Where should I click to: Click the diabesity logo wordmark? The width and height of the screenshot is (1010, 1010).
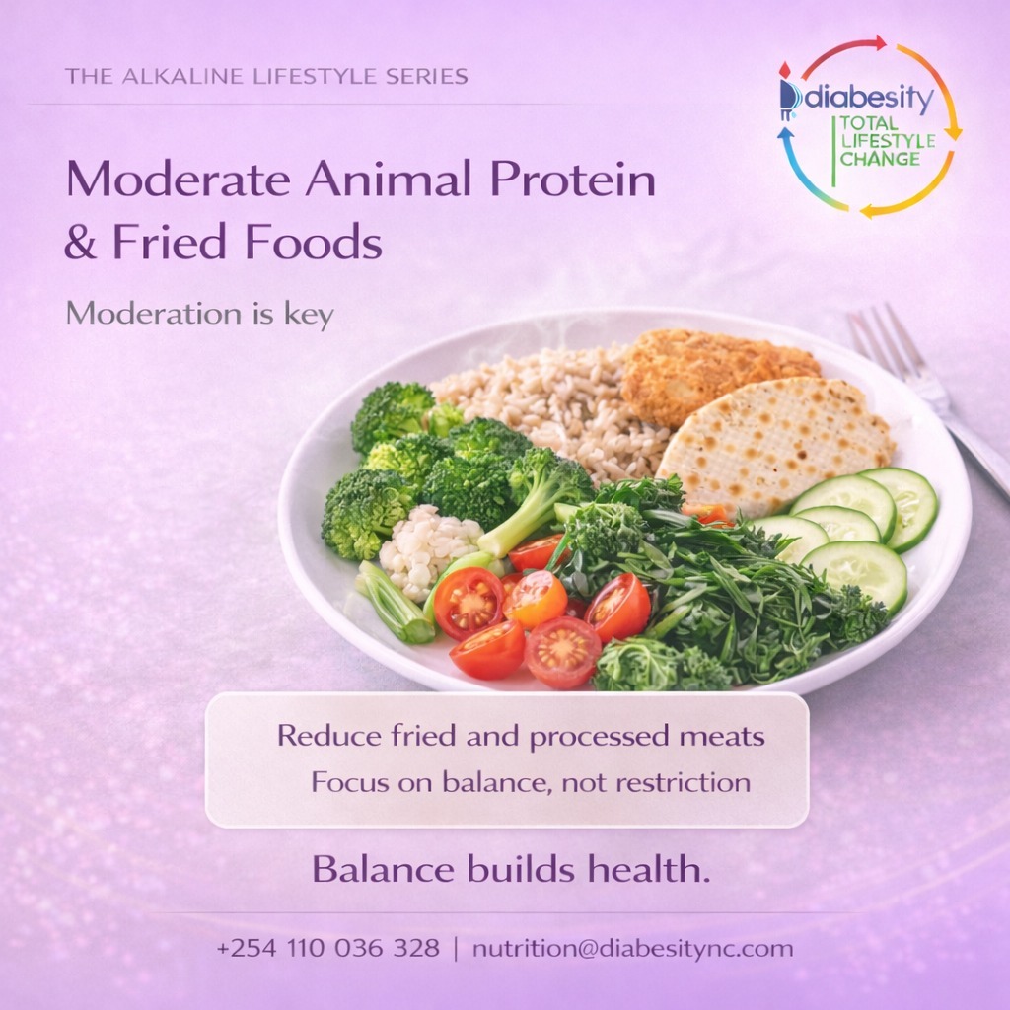pos(868,98)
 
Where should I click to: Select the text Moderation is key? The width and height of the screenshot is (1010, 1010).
pos(199,314)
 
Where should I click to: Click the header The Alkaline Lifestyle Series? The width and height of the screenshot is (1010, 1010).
pos(266,76)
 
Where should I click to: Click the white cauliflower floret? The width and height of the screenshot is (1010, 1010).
pos(429,547)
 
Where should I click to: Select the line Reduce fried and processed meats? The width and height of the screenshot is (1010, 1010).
pos(521,736)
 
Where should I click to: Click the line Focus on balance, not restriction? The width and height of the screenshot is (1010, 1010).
pos(531,783)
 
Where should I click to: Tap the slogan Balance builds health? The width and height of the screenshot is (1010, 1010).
pos(511,869)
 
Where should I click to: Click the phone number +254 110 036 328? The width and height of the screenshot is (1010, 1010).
pos(327,949)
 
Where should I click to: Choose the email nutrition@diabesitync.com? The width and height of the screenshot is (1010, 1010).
pos(632,949)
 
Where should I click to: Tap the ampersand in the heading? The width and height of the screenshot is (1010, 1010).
pos(81,242)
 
